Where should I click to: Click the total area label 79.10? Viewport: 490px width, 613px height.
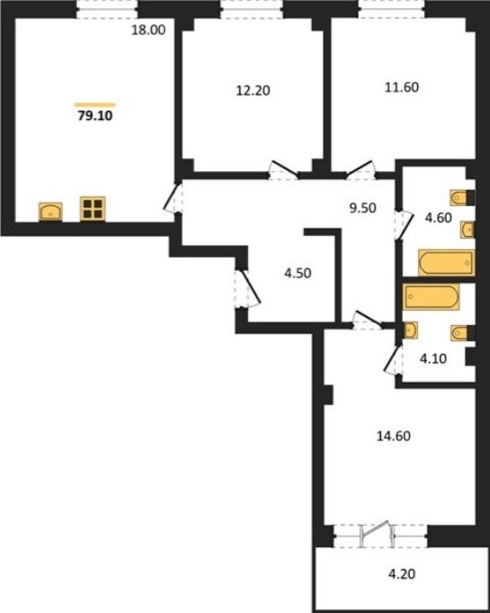(95, 116)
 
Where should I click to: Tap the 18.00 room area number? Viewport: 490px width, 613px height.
(148, 30)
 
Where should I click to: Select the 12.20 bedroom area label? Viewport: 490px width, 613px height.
(253, 91)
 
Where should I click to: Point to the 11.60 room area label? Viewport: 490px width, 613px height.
(402, 86)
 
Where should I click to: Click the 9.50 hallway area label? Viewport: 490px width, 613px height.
(362, 208)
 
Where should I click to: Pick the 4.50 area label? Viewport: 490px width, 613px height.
(298, 273)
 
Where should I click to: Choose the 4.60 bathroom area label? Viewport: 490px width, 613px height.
(439, 217)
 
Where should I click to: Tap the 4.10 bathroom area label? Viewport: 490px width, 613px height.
(433, 358)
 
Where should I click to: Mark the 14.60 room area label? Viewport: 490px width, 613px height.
(394, 436)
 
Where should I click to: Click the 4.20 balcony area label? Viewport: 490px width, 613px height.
(402, 574)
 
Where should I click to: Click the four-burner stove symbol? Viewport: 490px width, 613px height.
(93, 209)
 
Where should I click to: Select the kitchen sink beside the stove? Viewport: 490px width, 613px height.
(50, 212)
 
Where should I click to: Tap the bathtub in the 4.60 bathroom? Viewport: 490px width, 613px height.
(447, 262)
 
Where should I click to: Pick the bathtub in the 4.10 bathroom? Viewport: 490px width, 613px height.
(431, 297)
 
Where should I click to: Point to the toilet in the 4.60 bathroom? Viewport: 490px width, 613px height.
(459, 198)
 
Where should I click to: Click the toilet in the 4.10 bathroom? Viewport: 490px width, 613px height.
(460, 333)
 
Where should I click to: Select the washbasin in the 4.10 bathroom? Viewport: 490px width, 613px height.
(410, 330)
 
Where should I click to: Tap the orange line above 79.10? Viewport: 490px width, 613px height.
(95, 104)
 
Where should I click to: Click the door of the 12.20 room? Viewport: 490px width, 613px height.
(284, 169)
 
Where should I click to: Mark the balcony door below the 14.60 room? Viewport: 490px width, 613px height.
(374, 534)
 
